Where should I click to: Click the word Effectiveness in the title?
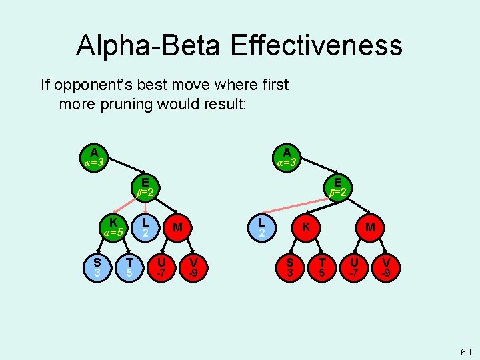pos(316,45)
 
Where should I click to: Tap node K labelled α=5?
pos(113,227)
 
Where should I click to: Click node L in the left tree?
pos(145,227)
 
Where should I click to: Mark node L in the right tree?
pos(263,227)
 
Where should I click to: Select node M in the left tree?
pos(177,227)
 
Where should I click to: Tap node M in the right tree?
pos(370,227)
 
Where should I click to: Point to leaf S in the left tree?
pos(97,267)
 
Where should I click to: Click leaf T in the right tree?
pos(322,267)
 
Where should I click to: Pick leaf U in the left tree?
pos(161,267)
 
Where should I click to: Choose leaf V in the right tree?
pos(386,267)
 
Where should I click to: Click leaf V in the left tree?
pos(193,267)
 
